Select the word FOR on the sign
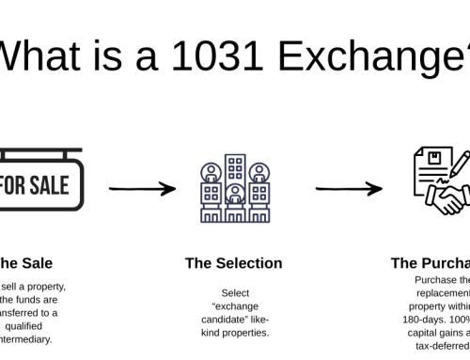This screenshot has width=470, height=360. tap(14, 185)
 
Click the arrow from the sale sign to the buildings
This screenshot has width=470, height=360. tap(142, 189)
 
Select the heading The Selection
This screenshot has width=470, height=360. tap(235, 263)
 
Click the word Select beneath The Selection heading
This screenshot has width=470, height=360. tap(235, 293)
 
